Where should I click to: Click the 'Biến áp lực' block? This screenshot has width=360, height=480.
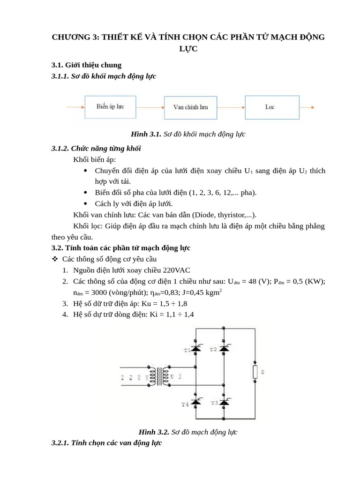(111, 107)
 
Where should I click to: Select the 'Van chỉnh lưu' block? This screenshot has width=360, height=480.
(191, 107)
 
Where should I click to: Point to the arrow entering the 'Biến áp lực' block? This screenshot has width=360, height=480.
(75, 107)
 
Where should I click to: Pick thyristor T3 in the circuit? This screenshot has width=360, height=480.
(224, 402)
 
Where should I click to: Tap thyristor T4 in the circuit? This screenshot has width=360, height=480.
(195, 402)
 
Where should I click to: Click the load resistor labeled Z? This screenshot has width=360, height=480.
(255, 372)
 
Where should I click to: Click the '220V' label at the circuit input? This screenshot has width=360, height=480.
(135, 377)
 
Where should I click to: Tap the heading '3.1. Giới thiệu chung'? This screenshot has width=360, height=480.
(86, 65)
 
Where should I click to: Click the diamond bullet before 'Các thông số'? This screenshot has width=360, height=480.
(54, 259)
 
